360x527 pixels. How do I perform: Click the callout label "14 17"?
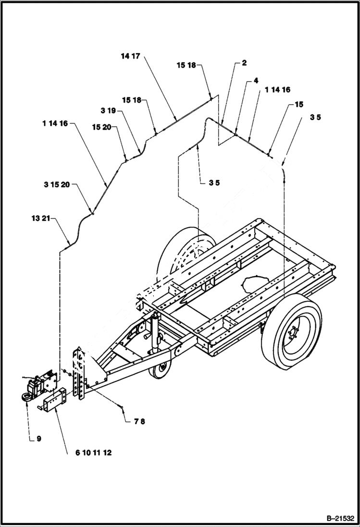click(130, 56)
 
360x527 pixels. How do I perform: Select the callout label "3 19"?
click(108, 110)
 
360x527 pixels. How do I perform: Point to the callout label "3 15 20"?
click(57, 184)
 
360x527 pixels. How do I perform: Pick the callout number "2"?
click(244, 63)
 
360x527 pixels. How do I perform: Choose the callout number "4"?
click(256, 80)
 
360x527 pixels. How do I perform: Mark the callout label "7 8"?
click(139, 421)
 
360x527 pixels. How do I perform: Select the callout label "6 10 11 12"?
click(93, 453)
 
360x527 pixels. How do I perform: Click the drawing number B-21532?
click(339, 518)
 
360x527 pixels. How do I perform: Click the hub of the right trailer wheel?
click(292, 332)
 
